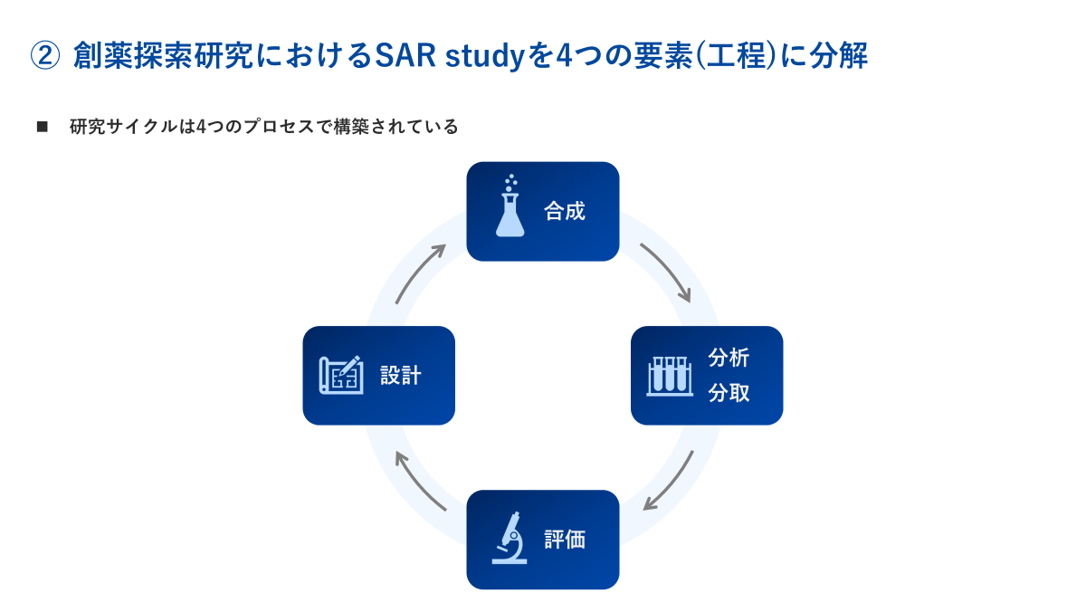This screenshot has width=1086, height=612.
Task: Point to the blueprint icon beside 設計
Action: (x=341, y=375)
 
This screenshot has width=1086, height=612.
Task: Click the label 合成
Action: (x=565, y=212)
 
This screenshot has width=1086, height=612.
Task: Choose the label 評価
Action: (x=565, y=540)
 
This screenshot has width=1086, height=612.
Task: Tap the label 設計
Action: (x=400, y=376)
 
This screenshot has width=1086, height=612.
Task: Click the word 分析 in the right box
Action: (x=729, y=358)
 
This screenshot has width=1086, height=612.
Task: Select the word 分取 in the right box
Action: (x=729, y=394)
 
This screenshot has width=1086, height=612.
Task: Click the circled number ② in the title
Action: (x=45, y=56)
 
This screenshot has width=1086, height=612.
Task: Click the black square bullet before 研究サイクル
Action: (x=42, y=127)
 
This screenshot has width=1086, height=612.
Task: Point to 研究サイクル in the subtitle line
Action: (x=114, y=127)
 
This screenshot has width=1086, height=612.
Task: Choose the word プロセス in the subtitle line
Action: (x=271, y=127)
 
